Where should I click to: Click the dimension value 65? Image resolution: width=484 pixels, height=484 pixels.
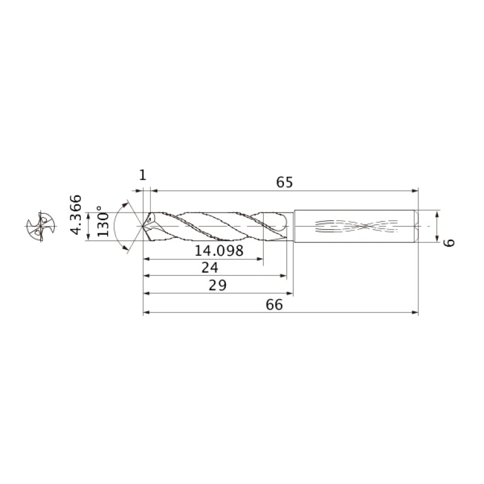point(285,182)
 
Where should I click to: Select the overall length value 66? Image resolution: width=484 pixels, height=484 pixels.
point(274,305)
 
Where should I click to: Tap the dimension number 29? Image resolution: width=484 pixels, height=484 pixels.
point(218,285)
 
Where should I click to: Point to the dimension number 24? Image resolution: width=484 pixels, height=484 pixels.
point(210,268)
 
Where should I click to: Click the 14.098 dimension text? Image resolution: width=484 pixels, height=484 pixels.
point(219,251)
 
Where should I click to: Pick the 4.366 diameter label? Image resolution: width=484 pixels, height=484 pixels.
point(76,215)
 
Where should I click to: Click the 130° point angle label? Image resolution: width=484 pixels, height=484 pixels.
point(103,221)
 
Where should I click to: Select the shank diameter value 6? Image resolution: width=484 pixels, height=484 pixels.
point(449,242)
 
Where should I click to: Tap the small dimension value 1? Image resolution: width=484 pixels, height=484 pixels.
point(143,175)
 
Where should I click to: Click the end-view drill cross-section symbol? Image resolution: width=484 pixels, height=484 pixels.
point(41,227)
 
